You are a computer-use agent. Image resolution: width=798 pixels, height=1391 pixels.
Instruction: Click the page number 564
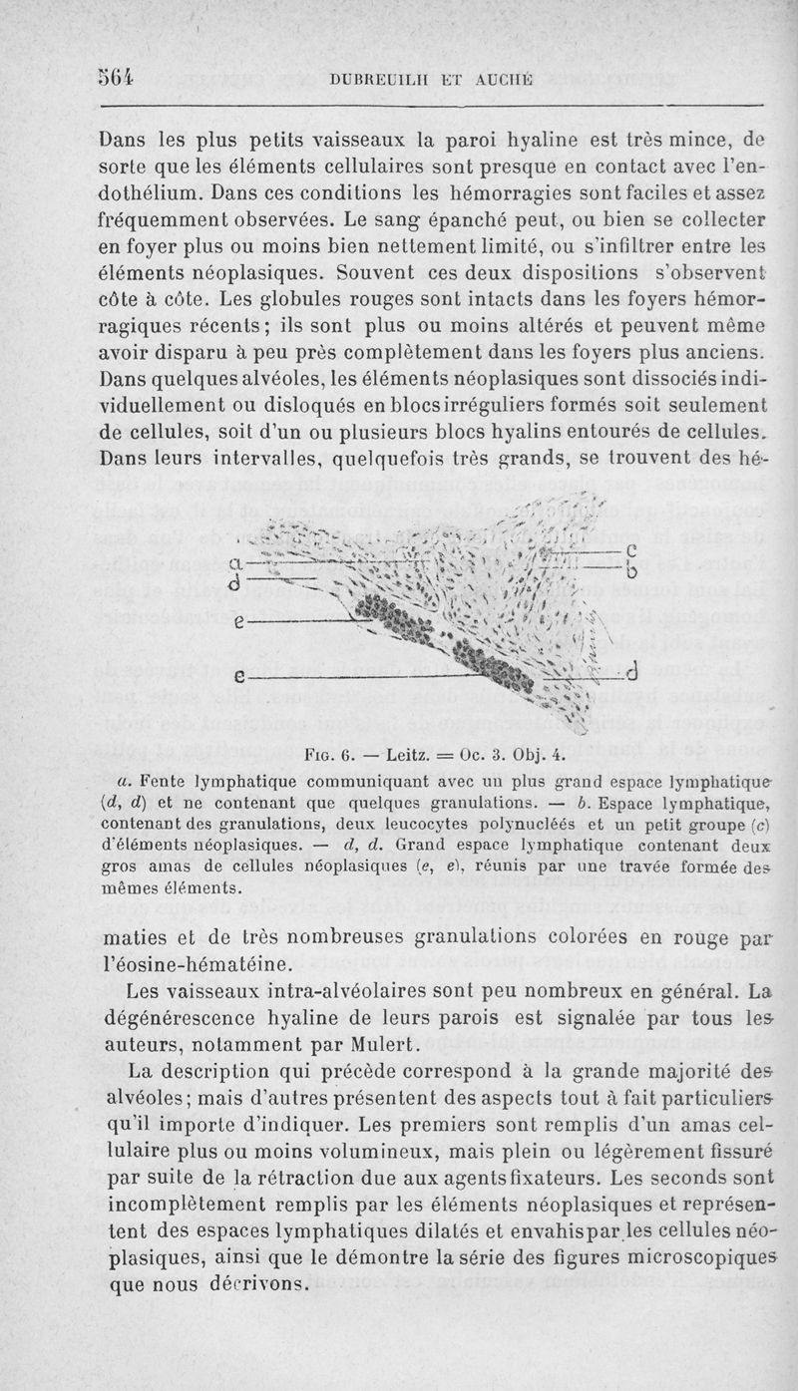click(117, 77)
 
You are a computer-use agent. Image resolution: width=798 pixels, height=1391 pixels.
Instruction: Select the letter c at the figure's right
click(628, 552)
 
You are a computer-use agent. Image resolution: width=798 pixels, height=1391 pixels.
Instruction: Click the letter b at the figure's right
click(630, 572)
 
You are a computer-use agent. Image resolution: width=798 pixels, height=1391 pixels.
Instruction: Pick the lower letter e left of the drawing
click(237, 676)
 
